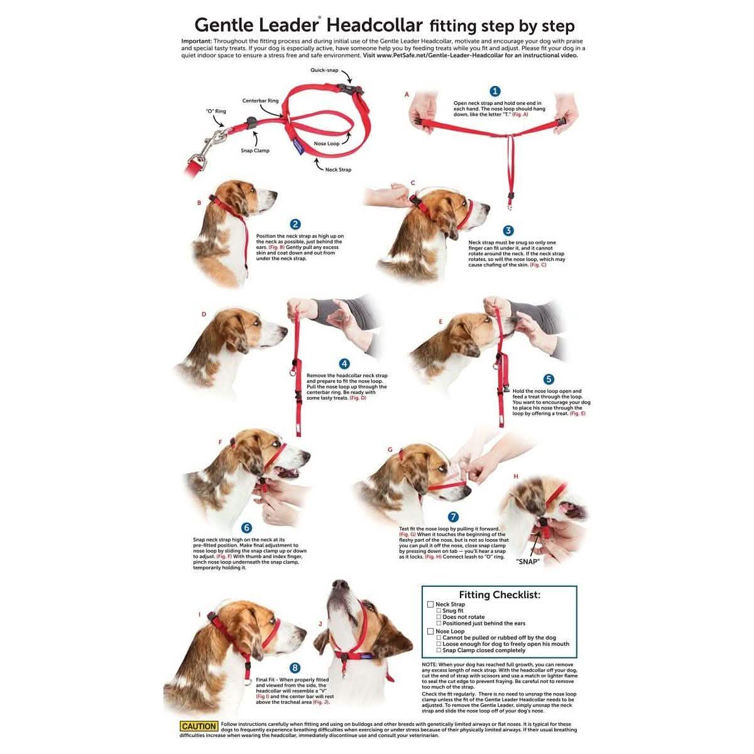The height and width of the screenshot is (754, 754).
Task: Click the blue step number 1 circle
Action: click(495, 92)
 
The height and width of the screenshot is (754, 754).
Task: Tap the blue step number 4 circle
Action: click(344, 364)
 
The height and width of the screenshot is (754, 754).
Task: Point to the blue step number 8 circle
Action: click(295, 669)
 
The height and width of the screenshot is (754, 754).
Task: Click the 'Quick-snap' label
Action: click(324, 70)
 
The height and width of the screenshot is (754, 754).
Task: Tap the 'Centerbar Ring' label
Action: click(260, 101)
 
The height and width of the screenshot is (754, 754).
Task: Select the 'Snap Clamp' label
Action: click(255, 151)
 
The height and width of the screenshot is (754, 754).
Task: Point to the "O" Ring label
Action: click(216, 111)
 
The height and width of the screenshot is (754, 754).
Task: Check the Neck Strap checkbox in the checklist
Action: click(430, 604)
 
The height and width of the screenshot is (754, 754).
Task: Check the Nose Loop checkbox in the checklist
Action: click(430, 631)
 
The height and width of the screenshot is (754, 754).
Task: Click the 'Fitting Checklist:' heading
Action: click(500, 594)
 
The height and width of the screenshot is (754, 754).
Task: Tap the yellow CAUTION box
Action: click(199, 726)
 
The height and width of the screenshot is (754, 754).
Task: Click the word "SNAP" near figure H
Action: click(528, 561)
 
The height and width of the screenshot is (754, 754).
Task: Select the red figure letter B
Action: click(199, 203)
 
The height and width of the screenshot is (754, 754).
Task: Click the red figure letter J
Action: click(320, 624)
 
